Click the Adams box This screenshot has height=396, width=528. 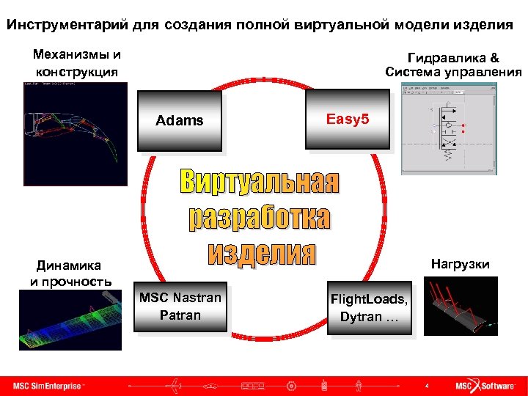(180, 121)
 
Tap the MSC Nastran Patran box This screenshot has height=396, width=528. (180, 307)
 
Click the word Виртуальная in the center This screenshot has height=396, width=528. (260, 183)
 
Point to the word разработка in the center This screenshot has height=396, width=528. (260, 217)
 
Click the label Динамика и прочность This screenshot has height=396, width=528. (70, 273)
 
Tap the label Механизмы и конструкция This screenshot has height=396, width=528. (77, 63)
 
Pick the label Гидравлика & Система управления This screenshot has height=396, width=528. (453, 65)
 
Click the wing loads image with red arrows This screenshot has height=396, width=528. (461, 306)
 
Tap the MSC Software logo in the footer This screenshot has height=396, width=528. (485, 386)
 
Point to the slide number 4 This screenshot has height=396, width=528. (427, 386)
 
